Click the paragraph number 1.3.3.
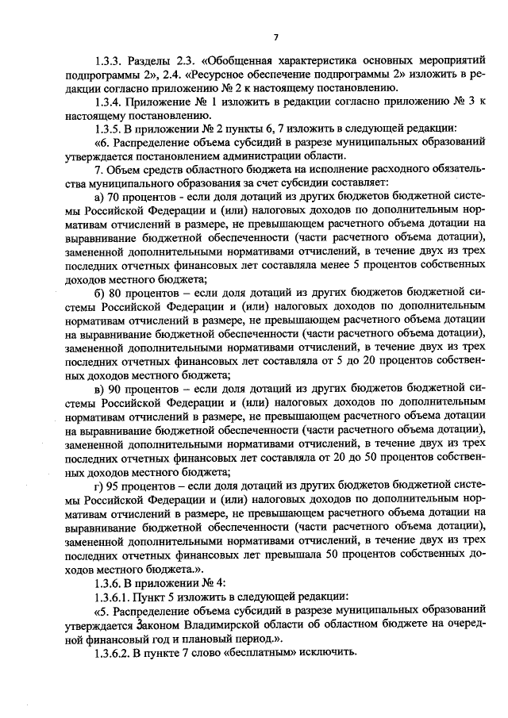109,60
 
